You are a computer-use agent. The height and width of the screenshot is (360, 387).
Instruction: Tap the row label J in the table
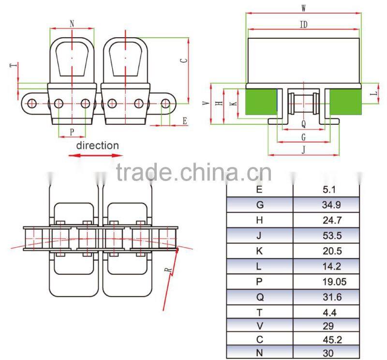(260, 236)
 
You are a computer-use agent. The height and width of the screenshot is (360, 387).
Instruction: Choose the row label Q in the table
(260, 297)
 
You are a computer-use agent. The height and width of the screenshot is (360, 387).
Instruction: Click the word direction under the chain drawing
(97, 145)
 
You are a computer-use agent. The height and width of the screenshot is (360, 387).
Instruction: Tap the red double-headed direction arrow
(95, 155)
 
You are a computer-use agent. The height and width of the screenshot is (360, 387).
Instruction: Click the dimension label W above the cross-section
(303, 8)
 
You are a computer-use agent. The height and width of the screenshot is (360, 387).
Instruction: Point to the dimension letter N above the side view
(72, 23)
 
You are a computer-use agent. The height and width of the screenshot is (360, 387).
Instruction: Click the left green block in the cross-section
(261, 102)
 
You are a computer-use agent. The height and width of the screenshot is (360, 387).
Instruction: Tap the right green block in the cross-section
(344, 102)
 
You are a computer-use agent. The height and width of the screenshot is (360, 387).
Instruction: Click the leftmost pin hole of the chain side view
(32, 103)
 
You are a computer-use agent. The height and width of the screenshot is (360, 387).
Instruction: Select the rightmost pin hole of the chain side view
(165, 103)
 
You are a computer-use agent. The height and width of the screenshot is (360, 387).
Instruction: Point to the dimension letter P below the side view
(72, 131)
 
